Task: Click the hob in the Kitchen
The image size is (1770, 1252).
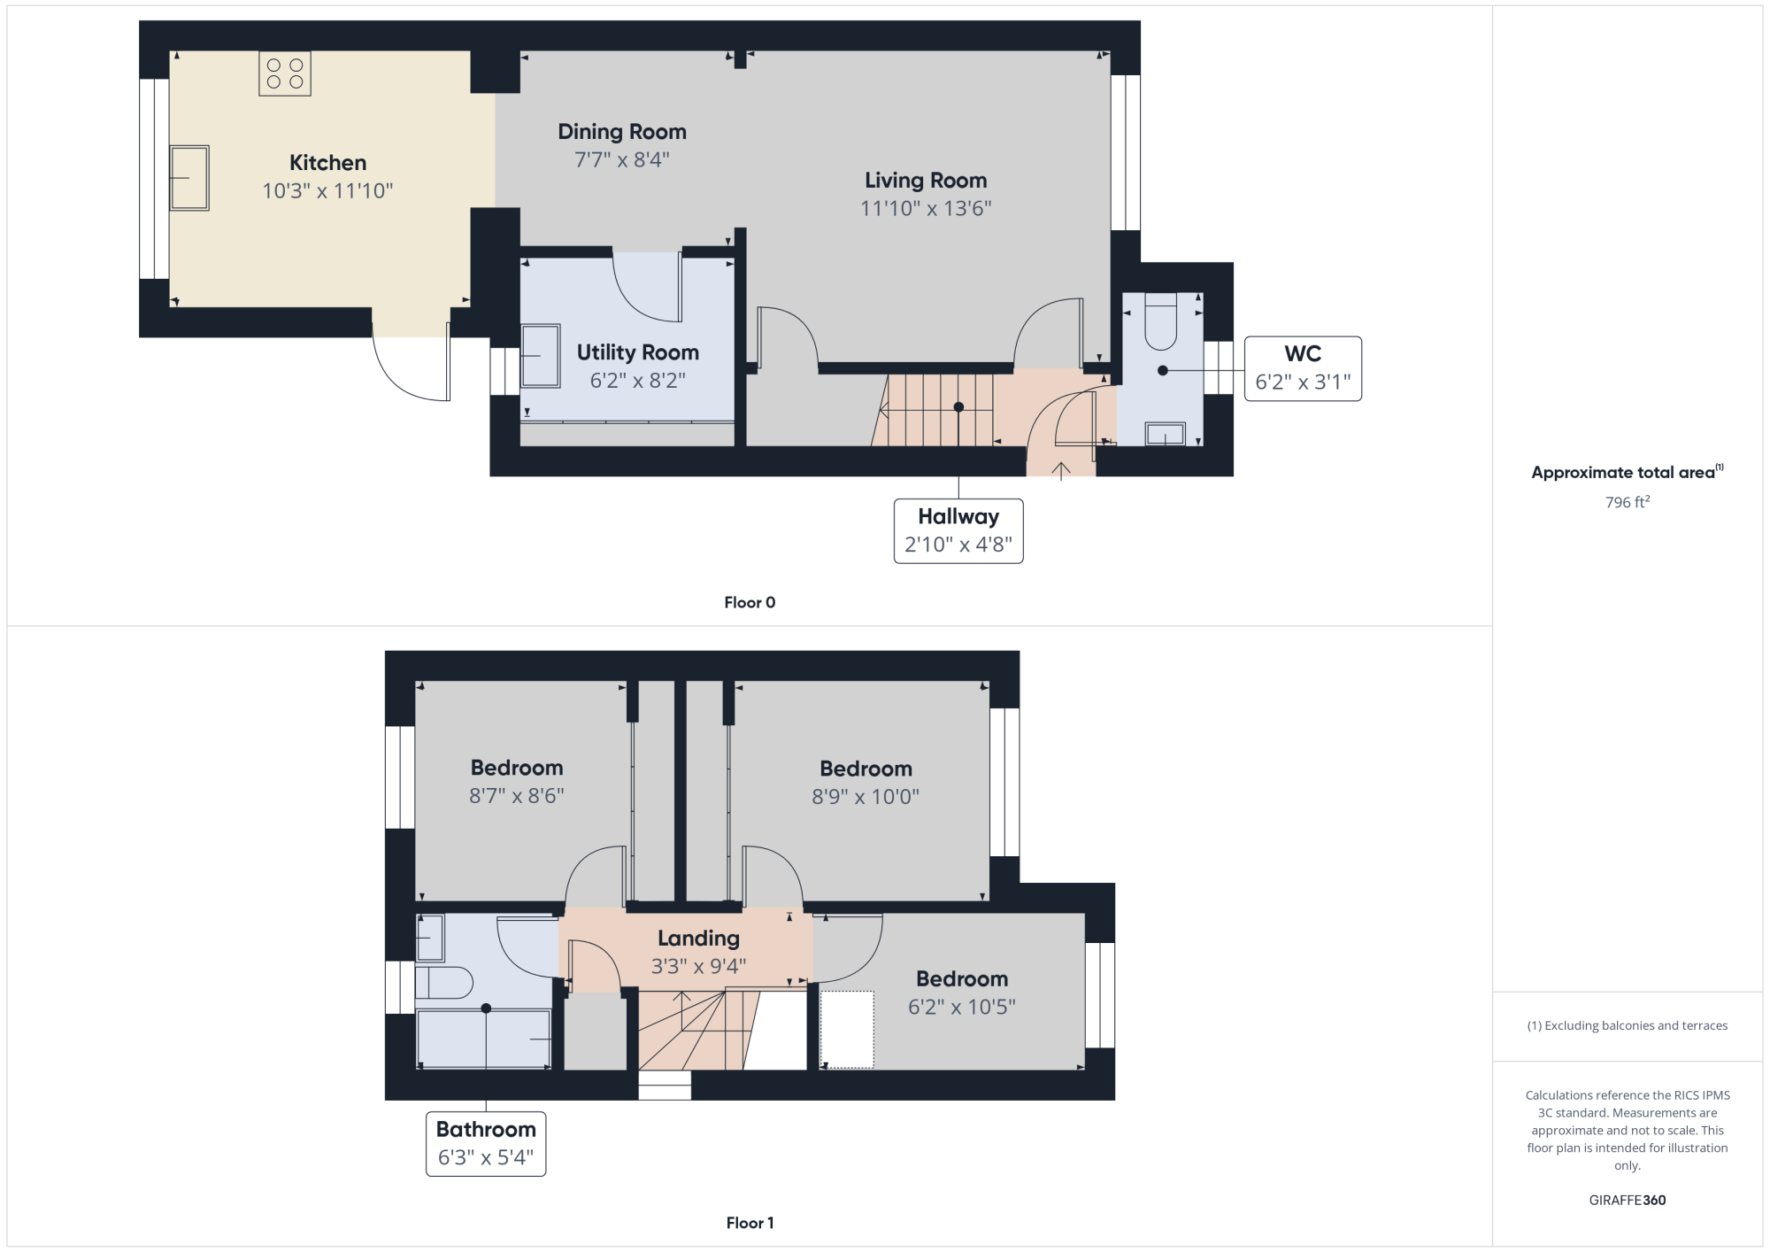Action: [x=285, y=73]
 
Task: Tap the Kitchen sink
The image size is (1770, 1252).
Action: [x=189, y=178]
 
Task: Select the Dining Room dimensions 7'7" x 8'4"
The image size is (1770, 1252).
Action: [x=622, y=160]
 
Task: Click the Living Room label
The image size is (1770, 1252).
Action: [x=926, y=181]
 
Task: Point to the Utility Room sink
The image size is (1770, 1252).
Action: [x=540, y=356]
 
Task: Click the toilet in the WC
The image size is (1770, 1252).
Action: [x=1161, y=322]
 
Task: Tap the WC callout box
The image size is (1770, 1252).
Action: [x=1303, y=368]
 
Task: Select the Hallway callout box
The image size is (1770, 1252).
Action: [x=958, y=531]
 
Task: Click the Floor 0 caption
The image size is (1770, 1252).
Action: [x=750, y=603]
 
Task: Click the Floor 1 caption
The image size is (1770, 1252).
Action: [x=750, y=1223]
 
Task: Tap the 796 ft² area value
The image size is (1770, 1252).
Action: [x=1628, y=502]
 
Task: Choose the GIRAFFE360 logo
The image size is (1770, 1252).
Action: [x=1628, y=1201]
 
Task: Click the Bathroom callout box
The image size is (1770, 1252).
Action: [x=486, y=1144]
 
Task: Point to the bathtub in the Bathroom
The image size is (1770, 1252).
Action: [x=484, y=1039]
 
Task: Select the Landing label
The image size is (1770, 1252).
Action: [x=698, y=939]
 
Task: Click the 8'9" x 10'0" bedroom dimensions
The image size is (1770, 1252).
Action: [x=866, y=797]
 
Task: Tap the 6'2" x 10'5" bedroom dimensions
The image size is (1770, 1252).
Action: [x=962, y=1007]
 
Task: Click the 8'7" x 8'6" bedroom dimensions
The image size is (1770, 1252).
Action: [x=517, y=796]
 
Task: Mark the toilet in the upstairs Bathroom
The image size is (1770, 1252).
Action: [x=444, y=983]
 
